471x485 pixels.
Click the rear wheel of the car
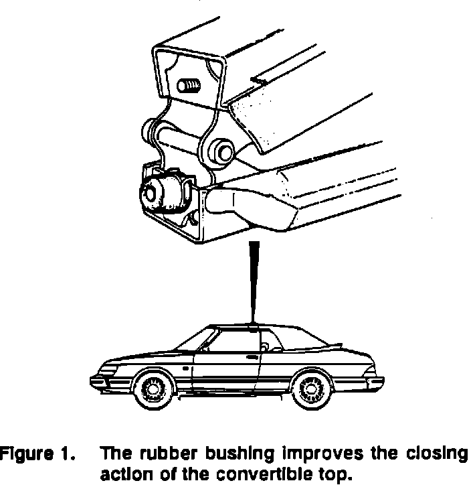310,389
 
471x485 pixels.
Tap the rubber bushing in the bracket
163,194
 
